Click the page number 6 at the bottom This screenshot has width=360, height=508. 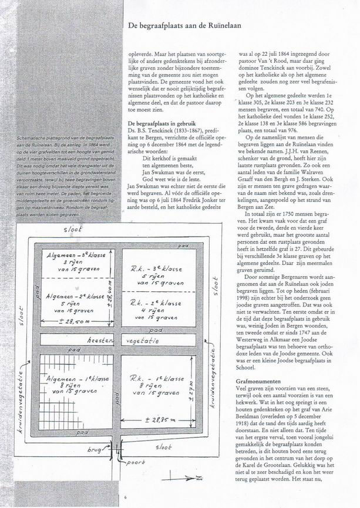[125, 496]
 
